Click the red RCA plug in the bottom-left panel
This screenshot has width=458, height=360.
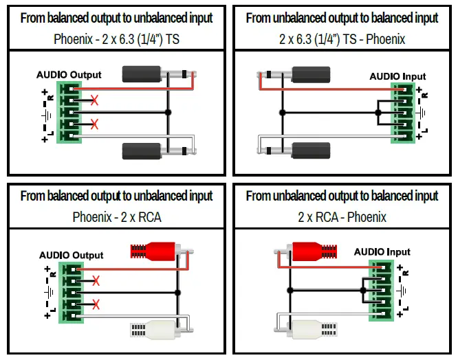point(157,251)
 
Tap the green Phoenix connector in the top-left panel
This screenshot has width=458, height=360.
point(69,112)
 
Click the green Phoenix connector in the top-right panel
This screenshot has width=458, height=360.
point(402,113)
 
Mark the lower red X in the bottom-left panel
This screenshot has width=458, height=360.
point(96,304)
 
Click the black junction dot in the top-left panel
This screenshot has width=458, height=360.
point(168,112)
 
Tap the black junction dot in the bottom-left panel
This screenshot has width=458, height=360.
point(177,293)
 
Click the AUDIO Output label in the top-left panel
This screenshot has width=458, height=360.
point(69,75)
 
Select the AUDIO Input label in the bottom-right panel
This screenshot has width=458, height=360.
point(382,252)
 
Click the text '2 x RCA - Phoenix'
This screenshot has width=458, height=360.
point(342,217)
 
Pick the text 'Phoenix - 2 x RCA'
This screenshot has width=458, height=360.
point(117,217)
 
